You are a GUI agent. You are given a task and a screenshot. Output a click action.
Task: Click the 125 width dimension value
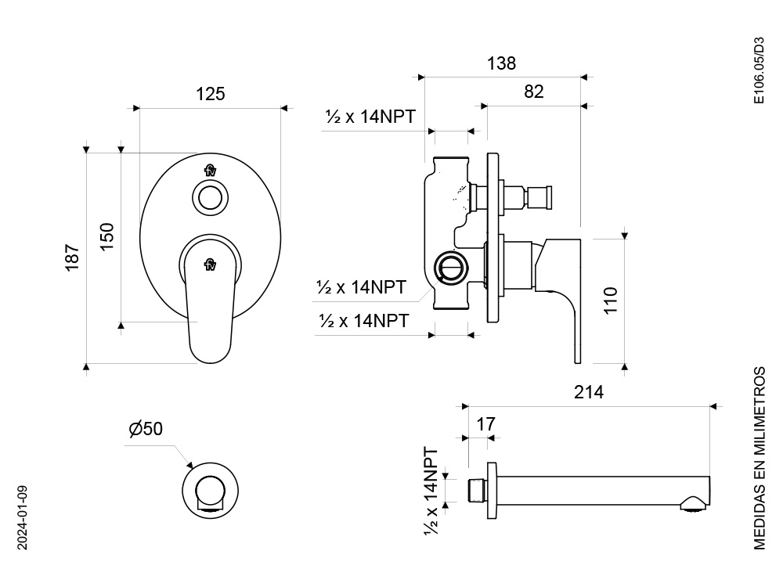coord(210,94)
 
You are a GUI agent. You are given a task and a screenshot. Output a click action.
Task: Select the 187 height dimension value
coord(72,257)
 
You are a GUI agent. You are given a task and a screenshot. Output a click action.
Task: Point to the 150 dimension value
coord(106,236)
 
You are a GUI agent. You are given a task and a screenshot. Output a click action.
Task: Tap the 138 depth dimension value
coord(501,63)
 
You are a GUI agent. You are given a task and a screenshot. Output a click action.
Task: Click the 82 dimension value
coord(534,92)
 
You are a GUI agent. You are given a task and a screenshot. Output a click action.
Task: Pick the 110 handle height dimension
coord(611,301)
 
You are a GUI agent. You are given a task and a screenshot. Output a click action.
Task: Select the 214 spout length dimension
coord(589,392)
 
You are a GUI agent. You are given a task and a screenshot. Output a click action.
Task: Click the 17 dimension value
coord(486,424)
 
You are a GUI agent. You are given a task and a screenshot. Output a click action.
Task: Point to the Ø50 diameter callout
coord(146,429)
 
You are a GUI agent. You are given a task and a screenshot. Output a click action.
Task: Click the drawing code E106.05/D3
coord(759,70)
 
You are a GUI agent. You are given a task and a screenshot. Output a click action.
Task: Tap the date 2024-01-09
coord(23,517)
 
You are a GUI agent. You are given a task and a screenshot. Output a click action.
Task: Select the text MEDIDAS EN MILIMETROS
coord(759,458)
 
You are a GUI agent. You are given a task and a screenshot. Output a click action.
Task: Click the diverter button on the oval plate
coord(210,198)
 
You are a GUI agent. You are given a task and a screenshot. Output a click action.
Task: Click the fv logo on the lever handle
coord(210,265)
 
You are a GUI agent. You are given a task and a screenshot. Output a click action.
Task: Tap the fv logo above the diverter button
coord(210,171)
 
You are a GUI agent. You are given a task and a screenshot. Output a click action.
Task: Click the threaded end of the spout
coord(476,491)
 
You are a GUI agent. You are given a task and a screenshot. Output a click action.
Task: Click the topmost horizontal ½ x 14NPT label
coord(370,117)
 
